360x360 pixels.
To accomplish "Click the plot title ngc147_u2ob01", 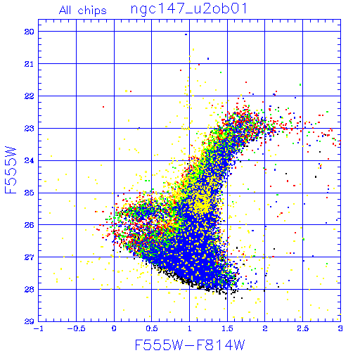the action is (188, 9).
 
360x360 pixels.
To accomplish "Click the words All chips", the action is (83, 11).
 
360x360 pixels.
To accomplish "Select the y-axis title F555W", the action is (11, 170).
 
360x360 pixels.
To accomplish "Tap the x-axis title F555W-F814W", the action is (190, 345).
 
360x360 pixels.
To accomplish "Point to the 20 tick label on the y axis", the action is (29, 32).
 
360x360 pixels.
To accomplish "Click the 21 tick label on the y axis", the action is (29, 64).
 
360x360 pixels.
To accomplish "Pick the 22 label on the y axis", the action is (29, 96).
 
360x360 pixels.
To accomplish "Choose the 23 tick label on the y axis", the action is (29, 129).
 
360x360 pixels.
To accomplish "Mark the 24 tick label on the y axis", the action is (29, 160).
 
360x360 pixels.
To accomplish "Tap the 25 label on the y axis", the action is (29, 193).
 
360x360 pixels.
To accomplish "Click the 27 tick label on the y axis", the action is (29, 257).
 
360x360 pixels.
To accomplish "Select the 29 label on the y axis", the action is (29, 321).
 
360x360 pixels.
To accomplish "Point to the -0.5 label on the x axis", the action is (76, 328).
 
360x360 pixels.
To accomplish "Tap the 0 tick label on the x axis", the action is (114, 328).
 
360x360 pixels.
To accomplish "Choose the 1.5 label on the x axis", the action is (227, 328).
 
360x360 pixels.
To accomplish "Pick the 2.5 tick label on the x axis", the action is (302, 328).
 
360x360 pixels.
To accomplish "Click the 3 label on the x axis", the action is (340, 328).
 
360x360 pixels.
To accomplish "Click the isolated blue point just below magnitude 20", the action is (186, 34).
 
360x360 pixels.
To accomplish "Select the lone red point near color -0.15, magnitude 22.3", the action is (103, 107).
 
